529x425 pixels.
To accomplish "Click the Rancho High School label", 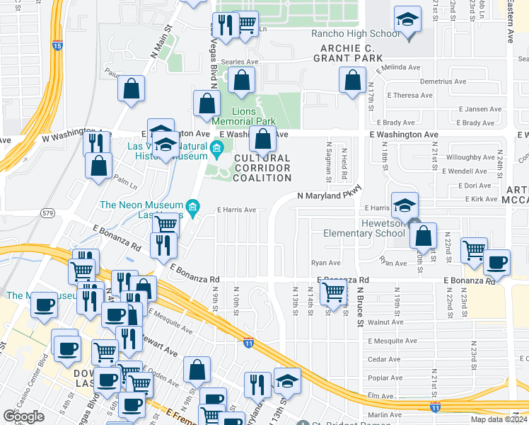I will pos(356,33).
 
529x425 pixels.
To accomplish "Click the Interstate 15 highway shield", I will pos(57,45).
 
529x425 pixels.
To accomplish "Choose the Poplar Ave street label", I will pos(385,378).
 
